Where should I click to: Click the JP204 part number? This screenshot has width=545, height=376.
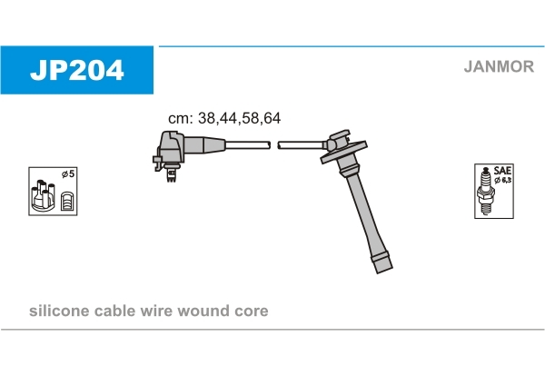[77, 70]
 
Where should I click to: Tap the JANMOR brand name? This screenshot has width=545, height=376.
[499, 66]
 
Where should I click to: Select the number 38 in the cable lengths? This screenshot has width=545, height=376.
[207, 118]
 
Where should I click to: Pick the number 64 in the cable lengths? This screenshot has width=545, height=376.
[272, 118]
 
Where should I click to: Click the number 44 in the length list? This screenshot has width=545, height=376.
[229, 118]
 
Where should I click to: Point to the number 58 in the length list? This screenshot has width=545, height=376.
[251, 118]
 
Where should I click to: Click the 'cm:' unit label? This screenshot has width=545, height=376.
[181, 119]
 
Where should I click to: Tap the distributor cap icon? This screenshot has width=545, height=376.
[43, 195]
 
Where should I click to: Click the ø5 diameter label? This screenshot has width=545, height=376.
[68, 173]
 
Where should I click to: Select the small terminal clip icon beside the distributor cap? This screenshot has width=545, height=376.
[66, 202]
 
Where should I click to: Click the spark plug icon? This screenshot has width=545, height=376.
[485, 191]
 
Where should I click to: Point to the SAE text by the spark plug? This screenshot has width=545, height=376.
[502, 171]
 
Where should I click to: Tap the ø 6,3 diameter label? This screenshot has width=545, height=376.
[503, 180]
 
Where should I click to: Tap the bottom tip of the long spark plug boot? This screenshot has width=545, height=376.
[384, 271]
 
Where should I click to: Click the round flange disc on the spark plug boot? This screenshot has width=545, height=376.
[343, 152]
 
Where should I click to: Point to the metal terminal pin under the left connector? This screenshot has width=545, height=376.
[171, 174]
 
